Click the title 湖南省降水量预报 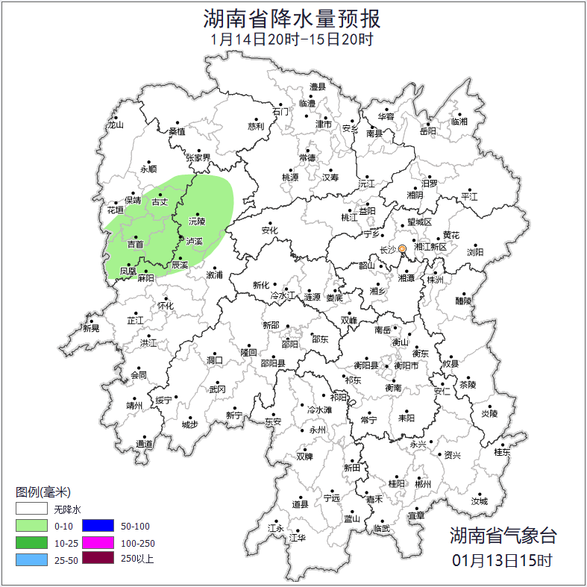point(292,18)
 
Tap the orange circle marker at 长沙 point(402,248)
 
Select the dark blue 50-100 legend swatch point(98,526)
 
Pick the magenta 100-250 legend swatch point(98,542)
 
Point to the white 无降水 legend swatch point(32,510)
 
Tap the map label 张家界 point(198,158)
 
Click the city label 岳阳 point(427,132)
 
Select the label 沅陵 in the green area point(196,222)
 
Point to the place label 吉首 point(135,245)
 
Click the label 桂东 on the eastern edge point(502,452)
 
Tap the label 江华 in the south point(298,538)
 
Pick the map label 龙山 point(115,125)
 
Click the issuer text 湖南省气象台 point(503,535)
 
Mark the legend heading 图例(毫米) point(43,492)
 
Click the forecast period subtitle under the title point(292,40)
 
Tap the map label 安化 point(269,230)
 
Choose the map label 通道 point(144,445)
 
